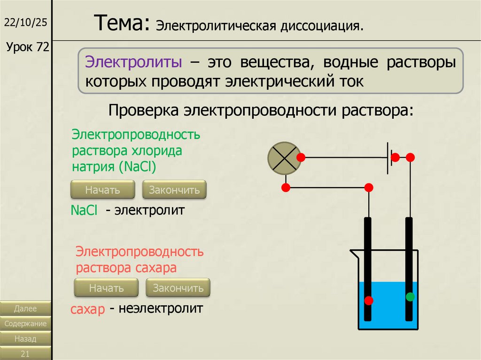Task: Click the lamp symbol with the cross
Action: [x=284, y=157]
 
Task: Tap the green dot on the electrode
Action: [x=411, y=297]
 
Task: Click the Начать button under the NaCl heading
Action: [x=102, y=190]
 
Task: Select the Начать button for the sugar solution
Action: [x=106, y=288]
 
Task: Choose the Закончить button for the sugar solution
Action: [x=178, y=288]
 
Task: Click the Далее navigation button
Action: [x=25, y=308]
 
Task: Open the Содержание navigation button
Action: [x=25, y=323]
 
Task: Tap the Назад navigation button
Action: [x=25, y=338]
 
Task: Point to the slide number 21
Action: [x=25, y=353]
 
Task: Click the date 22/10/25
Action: [x=26, y=23]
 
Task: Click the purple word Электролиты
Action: [x=133, y=63]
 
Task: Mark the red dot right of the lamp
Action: [x=301, y=157]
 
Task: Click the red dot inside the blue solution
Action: [x=369, y=300]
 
